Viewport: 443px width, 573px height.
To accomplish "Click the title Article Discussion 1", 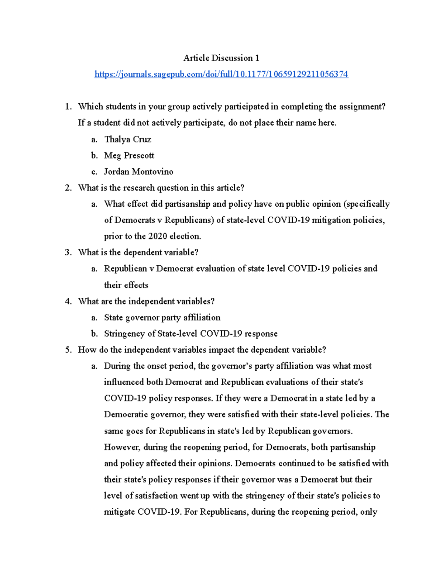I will (x=221, y=58).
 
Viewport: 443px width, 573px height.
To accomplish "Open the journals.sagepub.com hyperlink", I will (x=221, y=74).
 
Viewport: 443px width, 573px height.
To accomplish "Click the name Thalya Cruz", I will (x=127, y=139).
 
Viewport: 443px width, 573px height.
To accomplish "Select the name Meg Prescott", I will (x=129, y=155).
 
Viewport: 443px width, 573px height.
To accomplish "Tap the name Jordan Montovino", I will (x=138, y=172).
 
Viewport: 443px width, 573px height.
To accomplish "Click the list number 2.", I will (x=68, y=188).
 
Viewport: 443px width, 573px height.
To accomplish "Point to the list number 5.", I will (x=68, y=350).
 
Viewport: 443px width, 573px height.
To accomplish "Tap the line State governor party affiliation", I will (x=162, y=317).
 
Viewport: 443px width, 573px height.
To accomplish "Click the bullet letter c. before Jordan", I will (x=94, y=172).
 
